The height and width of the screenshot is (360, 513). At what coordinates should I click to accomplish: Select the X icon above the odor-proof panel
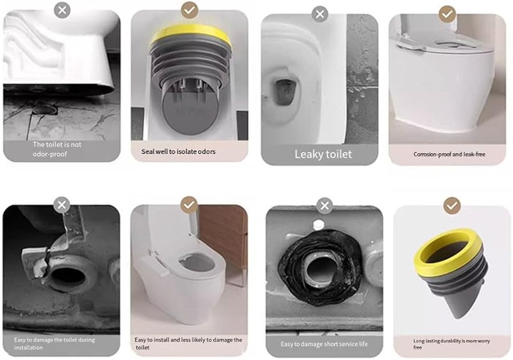tap(62, 10)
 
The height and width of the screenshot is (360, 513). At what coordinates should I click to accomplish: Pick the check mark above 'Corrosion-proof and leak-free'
tap(448, 13)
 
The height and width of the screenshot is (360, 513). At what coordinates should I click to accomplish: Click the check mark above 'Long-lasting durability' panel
tap(453, 205)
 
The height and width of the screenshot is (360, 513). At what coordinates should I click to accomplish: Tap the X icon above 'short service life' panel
tap(324, 205)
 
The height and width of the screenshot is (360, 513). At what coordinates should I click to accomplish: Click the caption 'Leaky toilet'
tap(323, 154)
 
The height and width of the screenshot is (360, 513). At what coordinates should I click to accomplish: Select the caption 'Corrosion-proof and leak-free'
tap(448, 155)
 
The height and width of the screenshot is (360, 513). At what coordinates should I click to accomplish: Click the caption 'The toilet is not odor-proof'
tap(58, 150)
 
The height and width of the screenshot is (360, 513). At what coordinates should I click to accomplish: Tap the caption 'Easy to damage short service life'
tap(323, 344)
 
